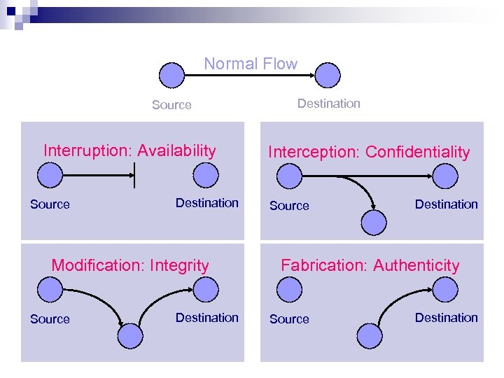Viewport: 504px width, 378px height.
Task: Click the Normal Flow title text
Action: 251,64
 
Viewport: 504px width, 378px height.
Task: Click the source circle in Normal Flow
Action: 171,75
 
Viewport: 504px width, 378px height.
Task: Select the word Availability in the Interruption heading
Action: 176,150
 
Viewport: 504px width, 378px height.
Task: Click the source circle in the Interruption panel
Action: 50,176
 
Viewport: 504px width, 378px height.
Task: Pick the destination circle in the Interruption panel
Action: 206,176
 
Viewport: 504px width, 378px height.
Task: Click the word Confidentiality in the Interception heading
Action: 418,152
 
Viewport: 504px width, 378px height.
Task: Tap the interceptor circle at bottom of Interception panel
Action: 374,222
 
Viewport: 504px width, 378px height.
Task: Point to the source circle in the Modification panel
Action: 50,289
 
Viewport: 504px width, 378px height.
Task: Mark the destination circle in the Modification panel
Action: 206,289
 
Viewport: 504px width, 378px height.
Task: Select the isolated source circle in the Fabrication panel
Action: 289,289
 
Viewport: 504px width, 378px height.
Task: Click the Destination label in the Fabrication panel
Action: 446,318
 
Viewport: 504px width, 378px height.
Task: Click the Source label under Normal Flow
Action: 171,105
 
